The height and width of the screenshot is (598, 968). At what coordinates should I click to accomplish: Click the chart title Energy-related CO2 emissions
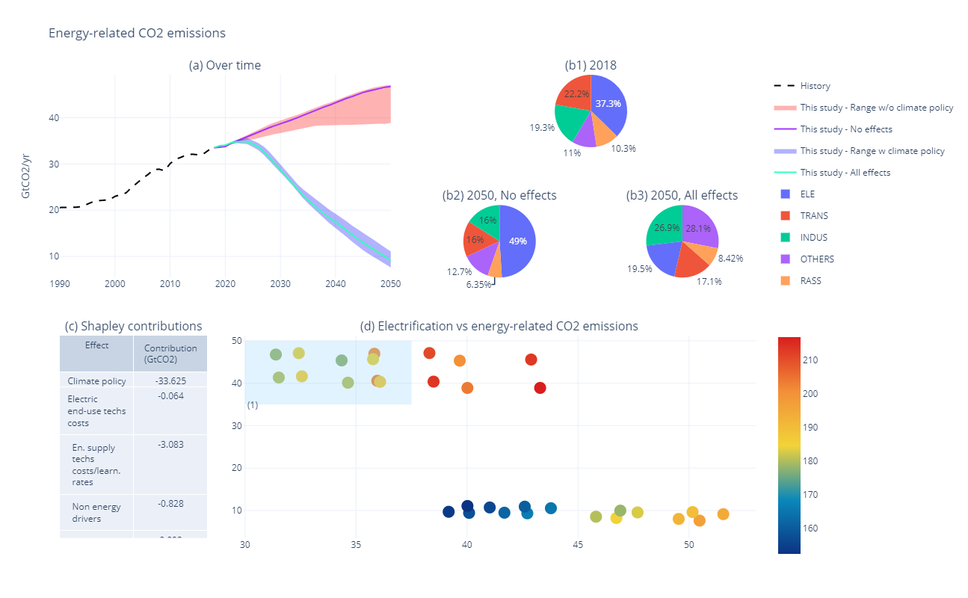tap(137, 33)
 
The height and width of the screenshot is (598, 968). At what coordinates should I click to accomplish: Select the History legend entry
tap(815, 86)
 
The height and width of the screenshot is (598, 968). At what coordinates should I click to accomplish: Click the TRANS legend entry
tap(813, 216)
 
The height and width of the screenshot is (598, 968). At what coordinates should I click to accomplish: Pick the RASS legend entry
tap(810, 281)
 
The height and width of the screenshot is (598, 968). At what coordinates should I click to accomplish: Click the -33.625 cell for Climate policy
tap(170, 381)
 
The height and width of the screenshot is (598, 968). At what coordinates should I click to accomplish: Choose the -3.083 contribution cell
tap(170, 445)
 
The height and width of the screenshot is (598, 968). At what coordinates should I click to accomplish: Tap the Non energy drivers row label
tap(96, 513)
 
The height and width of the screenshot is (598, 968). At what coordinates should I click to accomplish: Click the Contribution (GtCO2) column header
tap(170, 354)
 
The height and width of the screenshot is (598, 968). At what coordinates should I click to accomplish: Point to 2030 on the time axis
tap(280, 284)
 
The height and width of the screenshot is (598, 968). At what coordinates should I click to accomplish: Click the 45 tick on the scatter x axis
tap(578, 544)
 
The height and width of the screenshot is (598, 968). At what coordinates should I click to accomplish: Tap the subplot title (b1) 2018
tap(591, 65)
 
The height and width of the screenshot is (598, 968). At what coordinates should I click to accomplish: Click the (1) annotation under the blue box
tap(253, 405)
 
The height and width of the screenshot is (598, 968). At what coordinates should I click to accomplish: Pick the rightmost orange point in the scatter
tap(723, 514)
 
